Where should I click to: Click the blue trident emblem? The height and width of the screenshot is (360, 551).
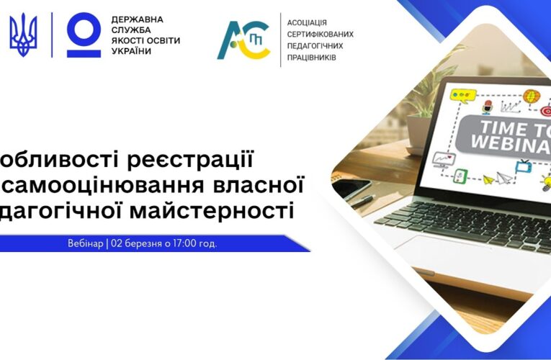click(23, 35)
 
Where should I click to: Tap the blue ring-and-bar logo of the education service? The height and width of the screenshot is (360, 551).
click(84, 35)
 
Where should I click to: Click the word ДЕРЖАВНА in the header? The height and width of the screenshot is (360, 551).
click(137, 19)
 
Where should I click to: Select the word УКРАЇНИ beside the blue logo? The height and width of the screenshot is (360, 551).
click(131, 52)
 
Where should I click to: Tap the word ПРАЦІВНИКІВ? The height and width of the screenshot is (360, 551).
click(312, 57)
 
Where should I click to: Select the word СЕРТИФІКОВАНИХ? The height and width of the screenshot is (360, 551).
click(321, 35)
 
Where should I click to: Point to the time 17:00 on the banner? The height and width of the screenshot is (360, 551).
click(184, 243)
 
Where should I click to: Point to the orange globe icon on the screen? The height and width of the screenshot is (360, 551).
click(531, 95)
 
